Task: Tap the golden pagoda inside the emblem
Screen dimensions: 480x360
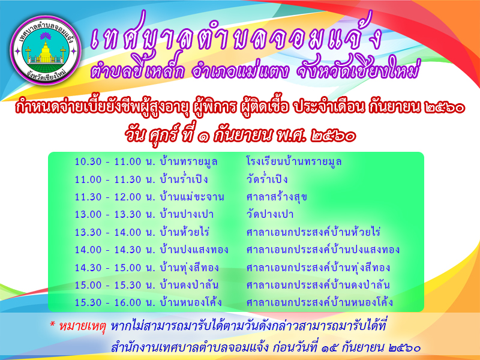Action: click(x=46, y=51)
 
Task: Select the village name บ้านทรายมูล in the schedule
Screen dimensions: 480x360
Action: click(x=188, y=162)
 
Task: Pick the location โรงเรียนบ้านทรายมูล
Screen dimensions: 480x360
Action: click(x=294, y=161)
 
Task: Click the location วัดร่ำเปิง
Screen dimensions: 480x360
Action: click(x=267, y=179)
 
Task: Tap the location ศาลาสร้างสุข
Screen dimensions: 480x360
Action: click(x=277, y=197)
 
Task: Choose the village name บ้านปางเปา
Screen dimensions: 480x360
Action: click(x=187, y=214)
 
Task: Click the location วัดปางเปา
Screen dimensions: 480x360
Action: click(x=269, y=214)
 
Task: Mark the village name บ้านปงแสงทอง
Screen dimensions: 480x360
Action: click(x=194, y=250)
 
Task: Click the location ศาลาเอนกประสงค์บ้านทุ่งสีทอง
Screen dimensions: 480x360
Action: click(x=318, y=267)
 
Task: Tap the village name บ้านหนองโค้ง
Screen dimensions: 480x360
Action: click(x=191, y=302)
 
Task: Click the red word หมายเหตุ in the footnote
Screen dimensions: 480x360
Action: click(x=82, y=326)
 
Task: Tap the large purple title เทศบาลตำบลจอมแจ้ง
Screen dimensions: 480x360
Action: click(x=236, y=37)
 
